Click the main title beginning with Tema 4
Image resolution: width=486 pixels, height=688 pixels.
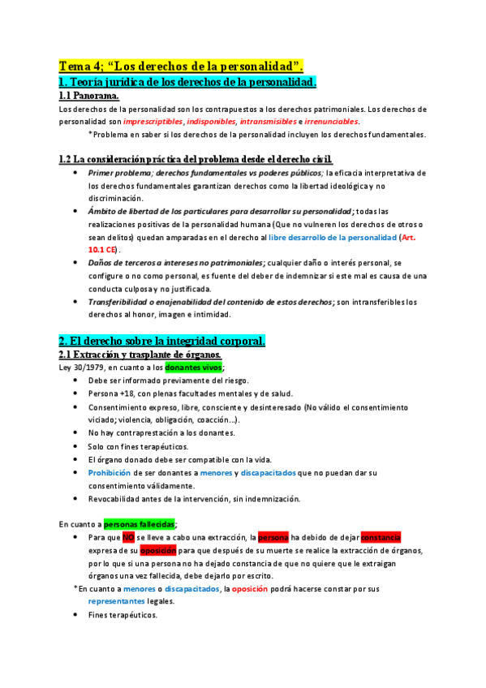[x=187, y=66]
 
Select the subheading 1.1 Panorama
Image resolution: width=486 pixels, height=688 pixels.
[x=89, y=96]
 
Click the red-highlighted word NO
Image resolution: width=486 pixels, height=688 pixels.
[x=128, y=537]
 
